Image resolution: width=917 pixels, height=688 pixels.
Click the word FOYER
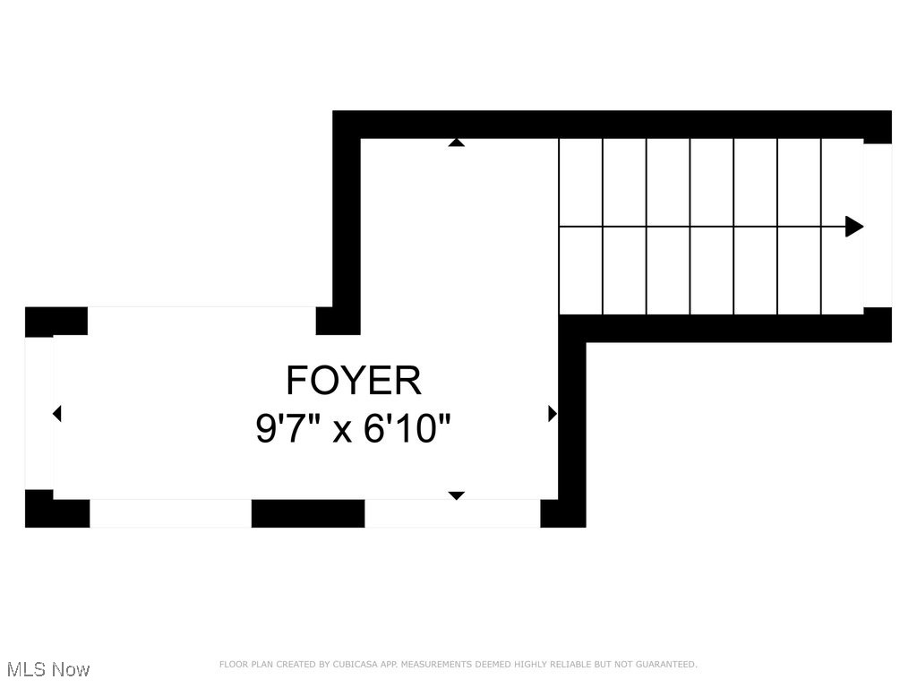click(353, 381)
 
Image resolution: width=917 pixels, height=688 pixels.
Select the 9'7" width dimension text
click(291, 429)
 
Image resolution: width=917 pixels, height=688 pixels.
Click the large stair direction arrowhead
click(854, 227)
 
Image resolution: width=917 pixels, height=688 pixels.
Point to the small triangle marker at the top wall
click(456, 142)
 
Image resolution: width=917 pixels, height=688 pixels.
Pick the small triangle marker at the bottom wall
click(456, 495)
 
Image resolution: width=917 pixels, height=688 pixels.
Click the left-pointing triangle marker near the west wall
click(57, 414)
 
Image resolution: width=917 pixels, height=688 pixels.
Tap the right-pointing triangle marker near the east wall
click(552, 414)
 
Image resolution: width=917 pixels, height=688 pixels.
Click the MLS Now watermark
click(47, 669)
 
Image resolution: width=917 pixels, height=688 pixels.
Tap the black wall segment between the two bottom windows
click(307, 513)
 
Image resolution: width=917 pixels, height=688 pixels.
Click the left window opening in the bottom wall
click(170, 513)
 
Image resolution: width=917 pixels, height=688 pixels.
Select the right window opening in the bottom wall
click(452, 513)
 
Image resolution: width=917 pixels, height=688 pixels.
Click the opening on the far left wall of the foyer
click(39, 414)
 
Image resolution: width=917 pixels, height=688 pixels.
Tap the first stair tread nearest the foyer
click(580, 227)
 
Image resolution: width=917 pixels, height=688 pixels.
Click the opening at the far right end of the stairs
click(878, 226)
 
